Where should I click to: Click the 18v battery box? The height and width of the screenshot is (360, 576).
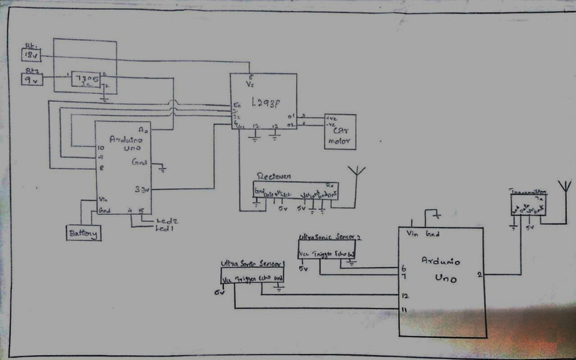click(x=30, y=55)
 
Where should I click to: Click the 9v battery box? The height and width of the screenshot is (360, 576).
click(x=30, y=80)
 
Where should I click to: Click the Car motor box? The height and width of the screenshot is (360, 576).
click(x=340, y=131)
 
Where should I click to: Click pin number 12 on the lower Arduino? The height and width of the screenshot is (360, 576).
click(x=405, y=295)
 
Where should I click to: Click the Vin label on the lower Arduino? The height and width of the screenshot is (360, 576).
click(x=413, y=234)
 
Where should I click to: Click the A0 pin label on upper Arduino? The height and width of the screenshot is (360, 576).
click(x=144, y=131)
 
